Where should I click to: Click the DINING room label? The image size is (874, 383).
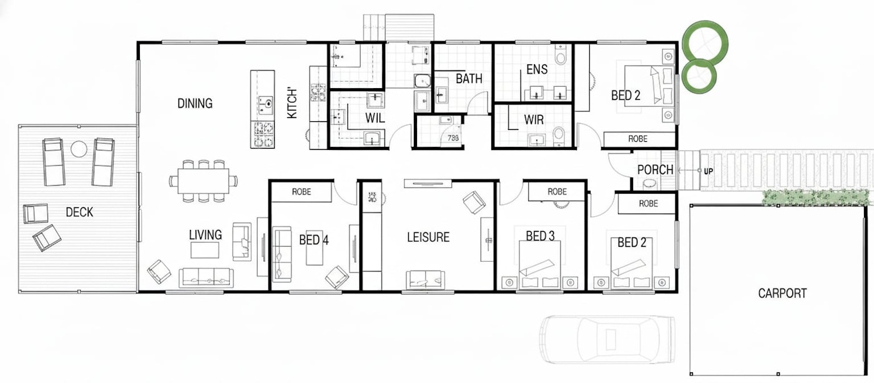pyautogui.click(x=195, y=104)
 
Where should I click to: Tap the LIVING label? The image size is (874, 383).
pyautogui.click(x=205, y=235)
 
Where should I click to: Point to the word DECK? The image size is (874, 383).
pyautogui.click(x=80, y=212)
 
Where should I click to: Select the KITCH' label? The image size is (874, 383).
pyautogui.click(x=292, y=103)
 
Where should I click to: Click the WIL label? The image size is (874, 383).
pyautogui.click(x=375, y=118)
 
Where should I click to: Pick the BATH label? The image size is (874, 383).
pyautogui.click(x=469, y=79)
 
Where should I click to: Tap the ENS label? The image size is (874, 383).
pyautogui.click(x=537, y=69)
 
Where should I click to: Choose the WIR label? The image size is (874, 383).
pyautogui.click(x=534, y=119)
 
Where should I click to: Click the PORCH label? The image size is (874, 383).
pyautogui.click(x=655, y=170)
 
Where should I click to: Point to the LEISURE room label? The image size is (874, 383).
pyautogui.click(x=428, y=237)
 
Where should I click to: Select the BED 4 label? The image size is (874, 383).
pyautogui.click(x=313, y=240)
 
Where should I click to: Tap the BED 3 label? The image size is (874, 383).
pyautogui.click(x=540, y=236)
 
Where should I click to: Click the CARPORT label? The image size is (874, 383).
pyautogui.click(x=782, y=293)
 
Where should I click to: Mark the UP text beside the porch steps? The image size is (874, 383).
pyautogui.click(x=708, y=171)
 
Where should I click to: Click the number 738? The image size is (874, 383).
pyautogui.click(x=453, y=138)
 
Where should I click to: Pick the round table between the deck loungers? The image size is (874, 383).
pyautogui.click(x=79, y=149)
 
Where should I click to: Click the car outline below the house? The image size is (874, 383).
pyautogui.click(x=607, y=339)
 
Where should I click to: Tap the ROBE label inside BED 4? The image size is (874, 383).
pyautogui.click(x=301, y=192)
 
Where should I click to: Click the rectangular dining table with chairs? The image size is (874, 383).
pyautogui.click(x=204, y=181)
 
